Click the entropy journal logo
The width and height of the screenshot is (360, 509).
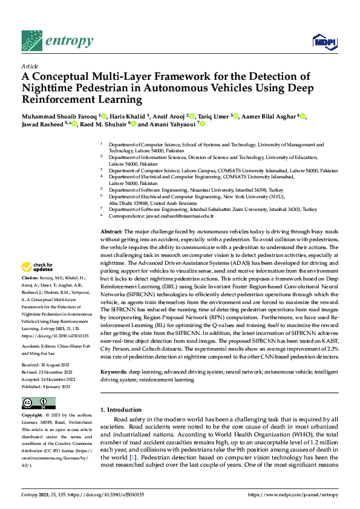pyautogui.click(x=57, y=41)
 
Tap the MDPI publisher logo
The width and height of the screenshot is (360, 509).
pyautogui.click(x=321, y=41)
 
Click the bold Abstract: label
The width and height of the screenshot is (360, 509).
pyautogui.click(x=111, y=232)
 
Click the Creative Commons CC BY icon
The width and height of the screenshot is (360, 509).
pyautogui.click(x=38, y=403)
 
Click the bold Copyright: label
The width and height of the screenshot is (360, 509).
pyautogui.click(x=31, y=416)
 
